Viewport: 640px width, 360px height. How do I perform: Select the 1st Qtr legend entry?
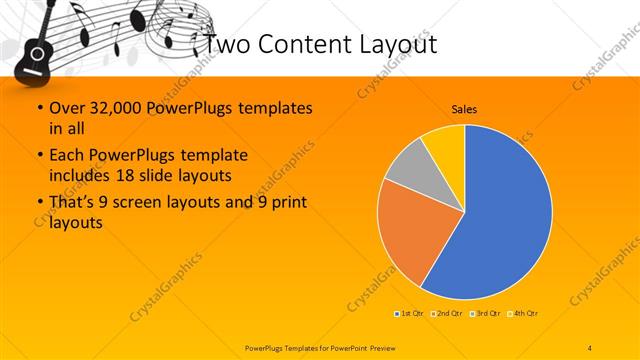(x=408, y=314)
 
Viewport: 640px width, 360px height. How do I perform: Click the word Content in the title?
(x=302, y=44)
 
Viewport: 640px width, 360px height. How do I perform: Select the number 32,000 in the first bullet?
(x=123, y=107)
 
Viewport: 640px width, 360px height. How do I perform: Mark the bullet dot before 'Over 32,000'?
(x=37, y=108)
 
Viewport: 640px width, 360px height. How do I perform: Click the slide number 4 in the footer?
(x=590, y=346)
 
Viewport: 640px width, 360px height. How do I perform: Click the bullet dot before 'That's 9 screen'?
(x=37, y=203)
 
